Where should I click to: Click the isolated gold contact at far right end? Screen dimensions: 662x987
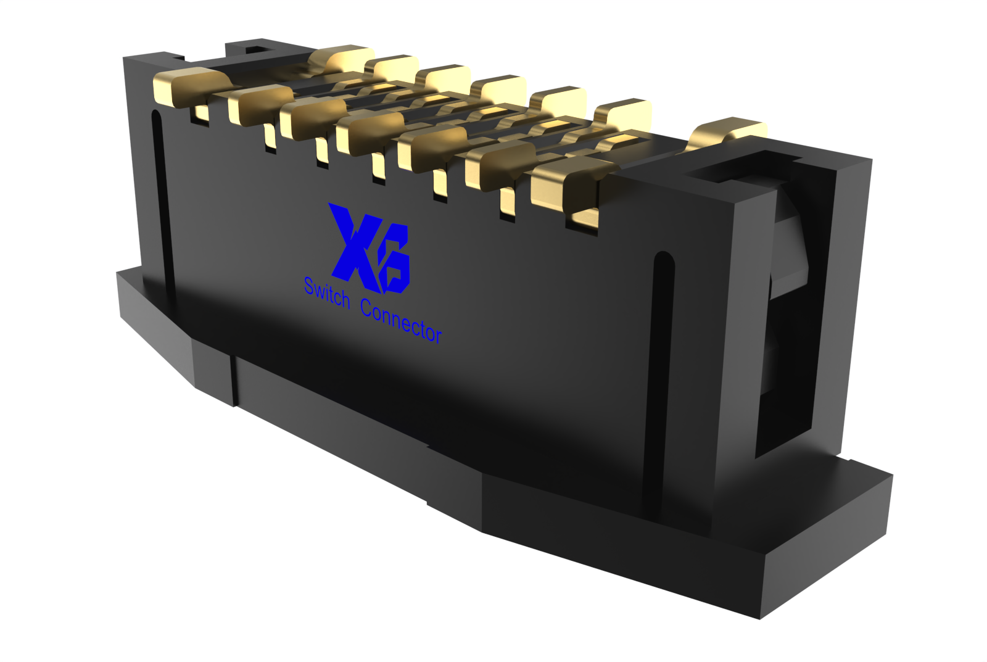click(728, 133)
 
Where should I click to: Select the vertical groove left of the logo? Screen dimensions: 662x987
click(161, 204)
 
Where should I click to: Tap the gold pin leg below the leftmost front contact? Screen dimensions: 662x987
click(201, 114)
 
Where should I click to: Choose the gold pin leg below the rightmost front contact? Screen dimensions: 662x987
click(583, 218)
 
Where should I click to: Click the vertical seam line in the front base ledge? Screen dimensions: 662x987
click(234, 379)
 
